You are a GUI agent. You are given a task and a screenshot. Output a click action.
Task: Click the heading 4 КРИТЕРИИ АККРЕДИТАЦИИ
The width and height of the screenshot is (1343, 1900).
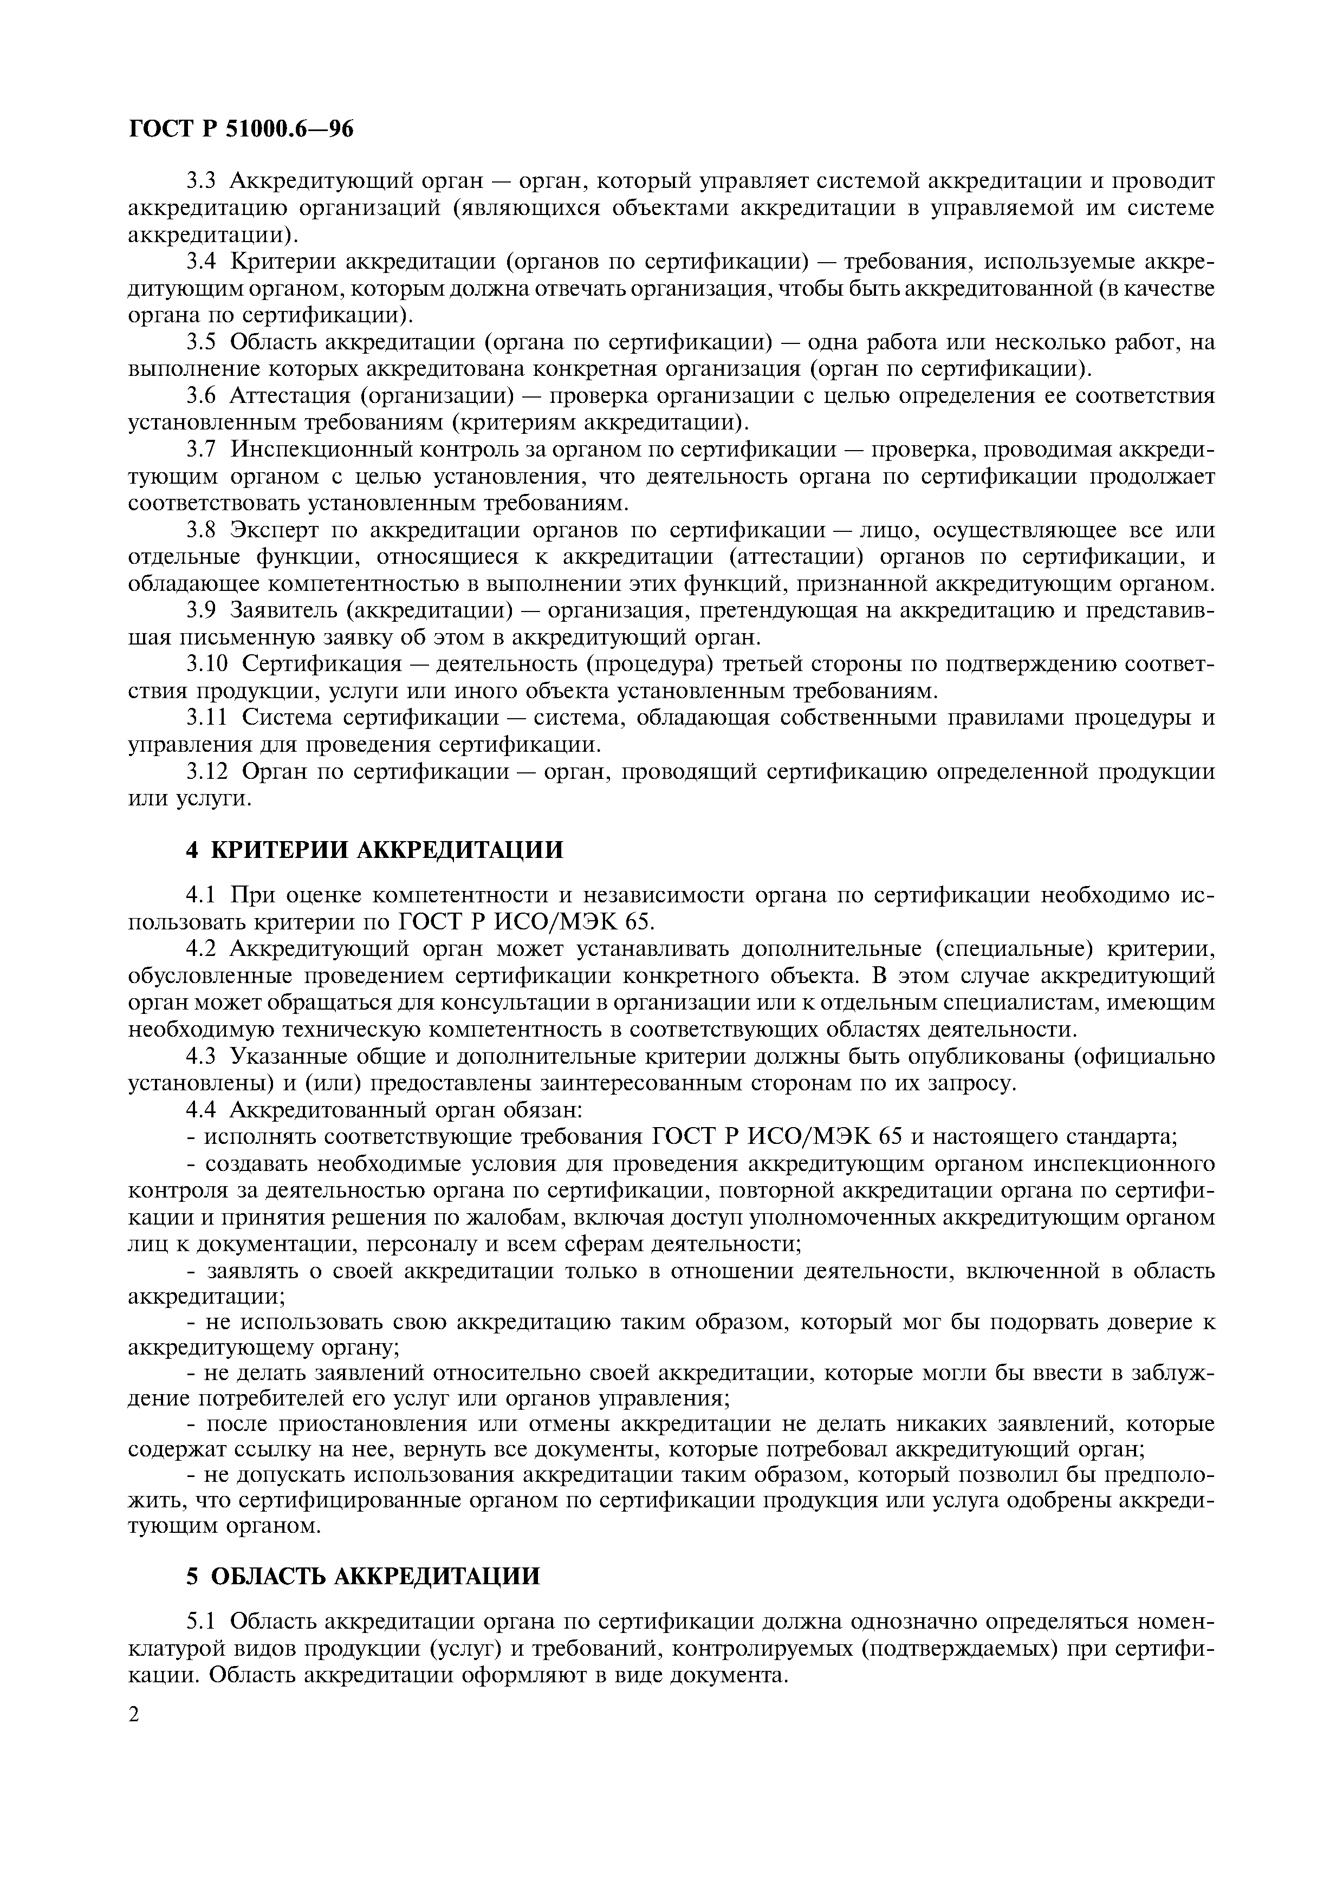[x=374, y=850]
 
